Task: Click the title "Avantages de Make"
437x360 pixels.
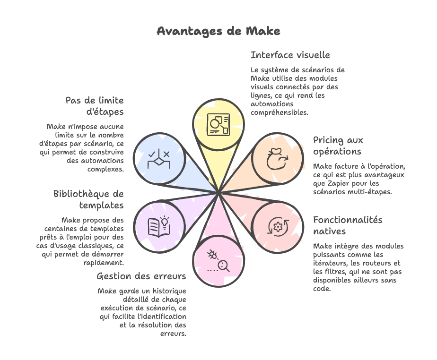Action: tap(218, 31)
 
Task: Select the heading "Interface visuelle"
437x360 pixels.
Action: tap(290, 55)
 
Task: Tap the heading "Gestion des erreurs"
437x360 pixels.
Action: tap(141, 276)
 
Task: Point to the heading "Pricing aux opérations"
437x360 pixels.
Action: tap(338, 146)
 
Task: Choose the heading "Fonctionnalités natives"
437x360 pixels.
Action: tap(348, 225)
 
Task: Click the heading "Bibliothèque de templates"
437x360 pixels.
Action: tap(88, 199)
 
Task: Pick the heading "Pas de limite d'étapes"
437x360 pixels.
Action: tap(95, 106)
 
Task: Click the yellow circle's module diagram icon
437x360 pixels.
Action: tap(218, 125)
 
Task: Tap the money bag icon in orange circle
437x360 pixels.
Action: tap(277, 159)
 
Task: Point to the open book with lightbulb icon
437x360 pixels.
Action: tap(158, 226)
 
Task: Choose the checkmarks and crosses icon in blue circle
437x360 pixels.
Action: tap(158, 159)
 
